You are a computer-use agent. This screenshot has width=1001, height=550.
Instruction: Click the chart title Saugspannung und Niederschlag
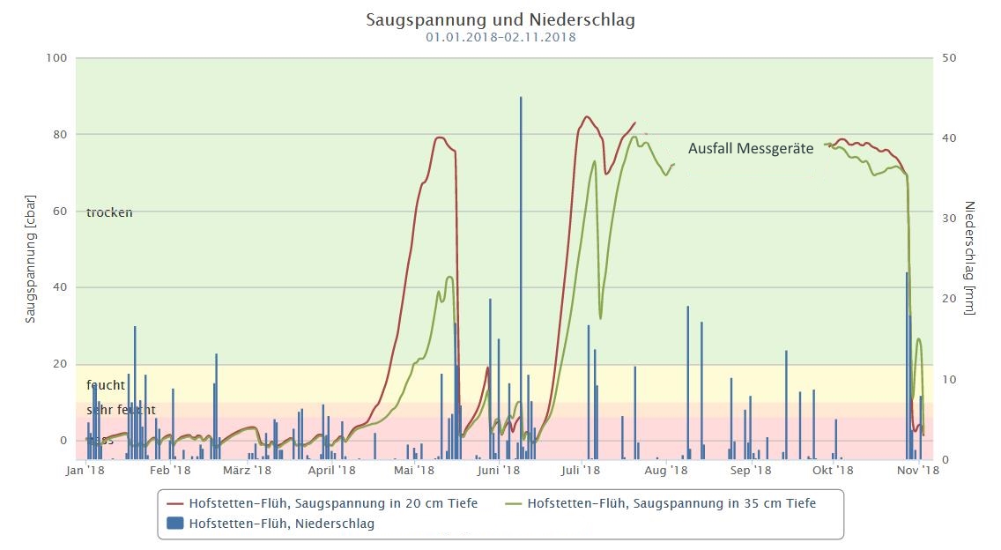pyautogui.click(x=500, y=19)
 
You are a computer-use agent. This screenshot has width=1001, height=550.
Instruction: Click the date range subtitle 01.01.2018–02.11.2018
pyautogui.click(x=500, y=37)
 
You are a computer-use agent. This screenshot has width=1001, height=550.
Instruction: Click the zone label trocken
pyautogui.click(x=109, y=212)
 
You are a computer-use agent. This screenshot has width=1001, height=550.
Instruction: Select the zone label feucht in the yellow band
pyautogui.click(x=106, y=385)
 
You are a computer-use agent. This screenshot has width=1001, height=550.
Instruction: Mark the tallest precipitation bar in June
pyautogui.click(x=521, y=99)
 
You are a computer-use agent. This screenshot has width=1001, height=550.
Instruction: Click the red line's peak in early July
pyautogui.click(x=587, y=116)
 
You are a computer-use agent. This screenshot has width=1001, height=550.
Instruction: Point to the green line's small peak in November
pyautogui.click(x=919, y=338)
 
